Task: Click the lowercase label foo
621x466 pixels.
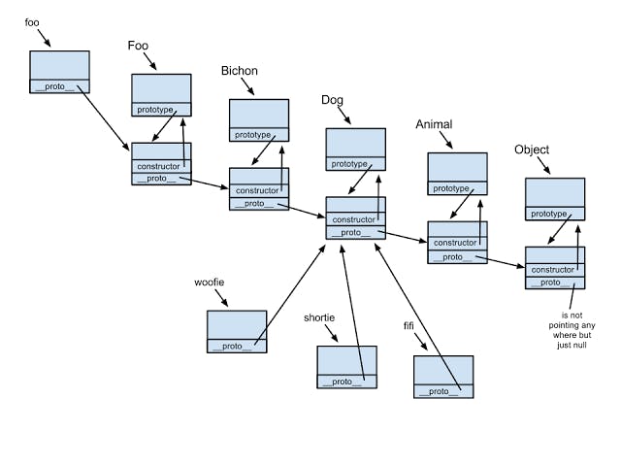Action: (x=32, y=21)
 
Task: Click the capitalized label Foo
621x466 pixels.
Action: (x=138, y=46)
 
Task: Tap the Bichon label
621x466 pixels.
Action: (x=239, y=71)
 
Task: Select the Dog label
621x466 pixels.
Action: (x=332, y=100)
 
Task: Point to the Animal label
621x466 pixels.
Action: (x=434, y=124)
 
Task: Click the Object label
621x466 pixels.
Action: (x=531, y=150)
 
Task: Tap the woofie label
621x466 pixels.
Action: (x=209, y=283)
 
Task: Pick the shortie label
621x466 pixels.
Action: (x=320, y=318)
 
